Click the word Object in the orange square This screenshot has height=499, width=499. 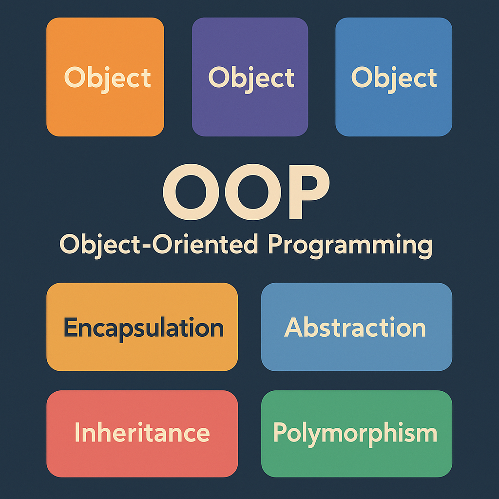[107, 78]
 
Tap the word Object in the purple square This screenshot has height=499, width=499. [251, 78]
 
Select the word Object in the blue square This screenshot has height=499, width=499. [394, 78]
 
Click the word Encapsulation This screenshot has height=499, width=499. [143, 328]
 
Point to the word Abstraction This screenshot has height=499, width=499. [355, 328]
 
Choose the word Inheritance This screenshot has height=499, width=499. [142, 432]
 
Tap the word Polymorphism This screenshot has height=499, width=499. [355, 433]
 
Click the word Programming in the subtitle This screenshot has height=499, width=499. [350, 245]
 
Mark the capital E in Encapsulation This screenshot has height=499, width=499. [70, 327]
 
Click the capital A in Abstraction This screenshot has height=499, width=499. [293, 327]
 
